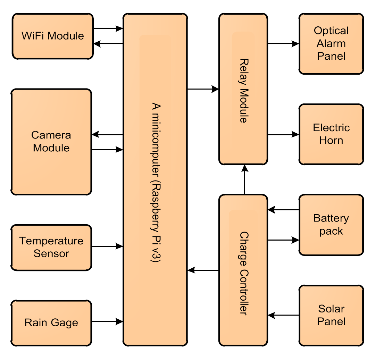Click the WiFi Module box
[x=52, y=36]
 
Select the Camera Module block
[x=51, y=141]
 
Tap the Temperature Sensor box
[x=51, y=247]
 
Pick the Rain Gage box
[x=51, y=323]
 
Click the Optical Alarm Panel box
[x=331, y=43]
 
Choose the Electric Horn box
[x=331, y=134]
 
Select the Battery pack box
[x=331, y=225]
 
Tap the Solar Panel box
[x=331, y=315]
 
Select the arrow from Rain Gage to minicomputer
[x=107, y=321]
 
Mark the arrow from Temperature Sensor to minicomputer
[x=107, y=246]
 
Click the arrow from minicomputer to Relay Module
[x=203, y=89]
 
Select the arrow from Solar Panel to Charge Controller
[x=283, y=315]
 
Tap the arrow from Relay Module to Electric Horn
[x=283, y=134]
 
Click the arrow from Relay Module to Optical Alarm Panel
[x=283, y=44]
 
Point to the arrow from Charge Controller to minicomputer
[x=203, y=270]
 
